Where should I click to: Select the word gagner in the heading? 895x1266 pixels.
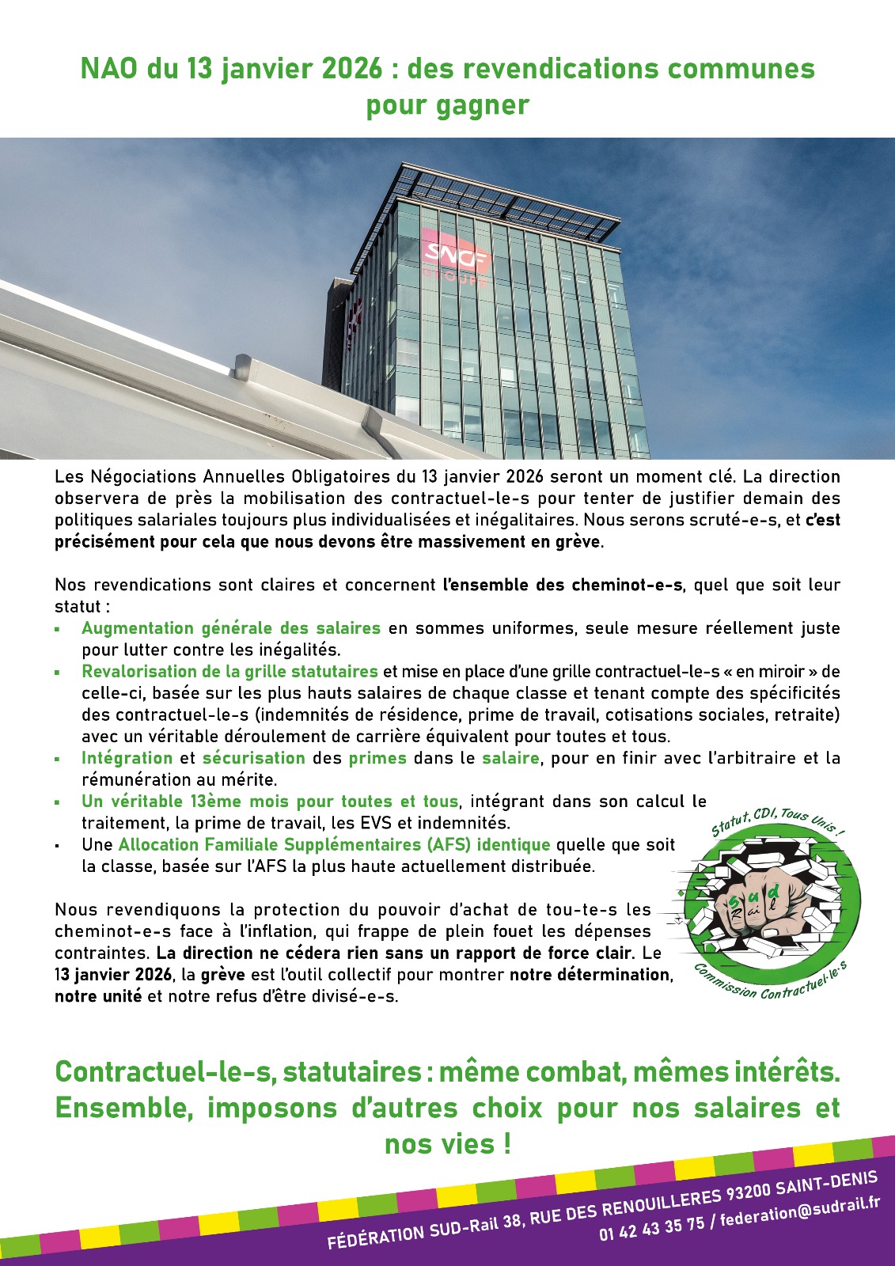(489, 105)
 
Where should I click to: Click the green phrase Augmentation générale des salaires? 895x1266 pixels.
(231, 628)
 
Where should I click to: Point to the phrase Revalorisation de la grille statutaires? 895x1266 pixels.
(229, 672)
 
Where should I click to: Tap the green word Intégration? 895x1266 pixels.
(127, 758)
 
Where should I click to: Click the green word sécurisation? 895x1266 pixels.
(253, 758)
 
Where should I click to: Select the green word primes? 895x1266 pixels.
(377, 758)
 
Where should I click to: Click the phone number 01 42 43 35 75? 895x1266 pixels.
(650, 1227)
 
